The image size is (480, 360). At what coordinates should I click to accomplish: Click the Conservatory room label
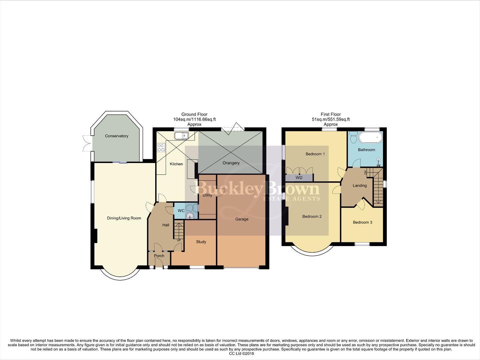117,136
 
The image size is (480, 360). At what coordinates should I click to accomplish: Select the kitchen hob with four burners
161,148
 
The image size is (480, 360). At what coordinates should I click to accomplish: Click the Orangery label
231,163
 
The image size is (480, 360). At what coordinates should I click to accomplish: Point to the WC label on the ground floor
181,211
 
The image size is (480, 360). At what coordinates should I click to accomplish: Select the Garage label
242,219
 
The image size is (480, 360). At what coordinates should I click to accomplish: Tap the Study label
201,242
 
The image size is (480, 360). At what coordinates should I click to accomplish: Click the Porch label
159,256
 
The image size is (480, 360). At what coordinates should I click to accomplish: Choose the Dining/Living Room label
124,218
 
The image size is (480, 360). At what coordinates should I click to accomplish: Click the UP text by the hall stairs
179,240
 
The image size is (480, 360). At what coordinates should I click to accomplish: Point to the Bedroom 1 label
315,154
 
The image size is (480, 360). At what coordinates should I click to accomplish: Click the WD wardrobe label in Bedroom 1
299,178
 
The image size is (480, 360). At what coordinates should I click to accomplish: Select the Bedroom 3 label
362,222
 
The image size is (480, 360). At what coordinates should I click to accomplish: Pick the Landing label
359,185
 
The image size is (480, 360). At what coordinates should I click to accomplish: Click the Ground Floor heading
194,114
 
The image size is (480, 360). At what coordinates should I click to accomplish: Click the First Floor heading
330,114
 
